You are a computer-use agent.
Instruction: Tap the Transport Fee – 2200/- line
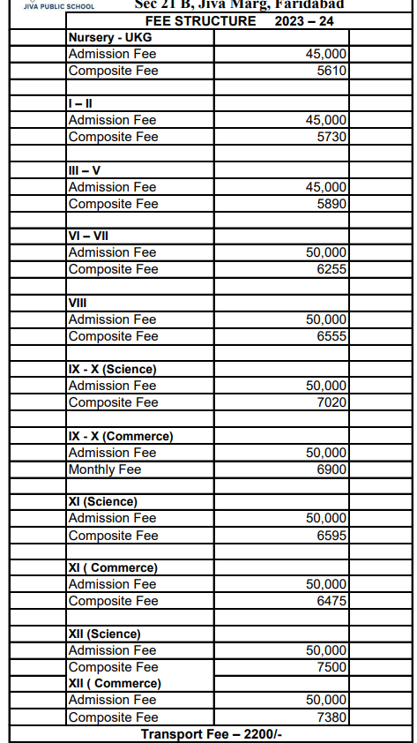pyautogui.click(x=211, y=733)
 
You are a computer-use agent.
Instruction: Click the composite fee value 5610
pyautogui.click(x=331, y=71)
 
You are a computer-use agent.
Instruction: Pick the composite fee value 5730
pyautogui.click(x=331, y=137)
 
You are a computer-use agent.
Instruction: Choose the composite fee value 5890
pyautogui.click(x=331, y=203)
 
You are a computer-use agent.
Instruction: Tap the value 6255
pyautogui.click(x=331, y=269)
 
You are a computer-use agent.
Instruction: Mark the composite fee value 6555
pyautogui.click(x=331, y=336)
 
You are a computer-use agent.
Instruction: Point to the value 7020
pyautogui.click(x=331, y=402)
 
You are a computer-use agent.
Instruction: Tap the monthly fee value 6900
pyautogui.click(x=331, y=469)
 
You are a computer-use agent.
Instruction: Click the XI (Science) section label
pyautogui.click(x=102, y=501)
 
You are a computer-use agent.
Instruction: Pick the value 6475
pyautogui.click(x=331, y=601)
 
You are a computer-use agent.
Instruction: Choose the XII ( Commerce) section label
pyautogui.click(x=115, y=683)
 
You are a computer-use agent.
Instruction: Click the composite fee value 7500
pyautogui.click(x=331, y=667)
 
